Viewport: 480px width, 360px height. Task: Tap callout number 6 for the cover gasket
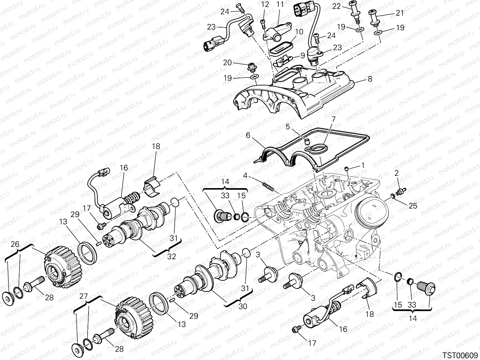248,136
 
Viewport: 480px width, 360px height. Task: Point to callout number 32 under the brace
172,257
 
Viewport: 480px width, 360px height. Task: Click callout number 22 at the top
337,6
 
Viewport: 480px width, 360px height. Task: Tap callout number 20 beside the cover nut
227,63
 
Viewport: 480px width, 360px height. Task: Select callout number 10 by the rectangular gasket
299,32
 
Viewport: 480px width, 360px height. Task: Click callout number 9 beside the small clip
302,55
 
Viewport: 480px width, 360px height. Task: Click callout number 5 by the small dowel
287,127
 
